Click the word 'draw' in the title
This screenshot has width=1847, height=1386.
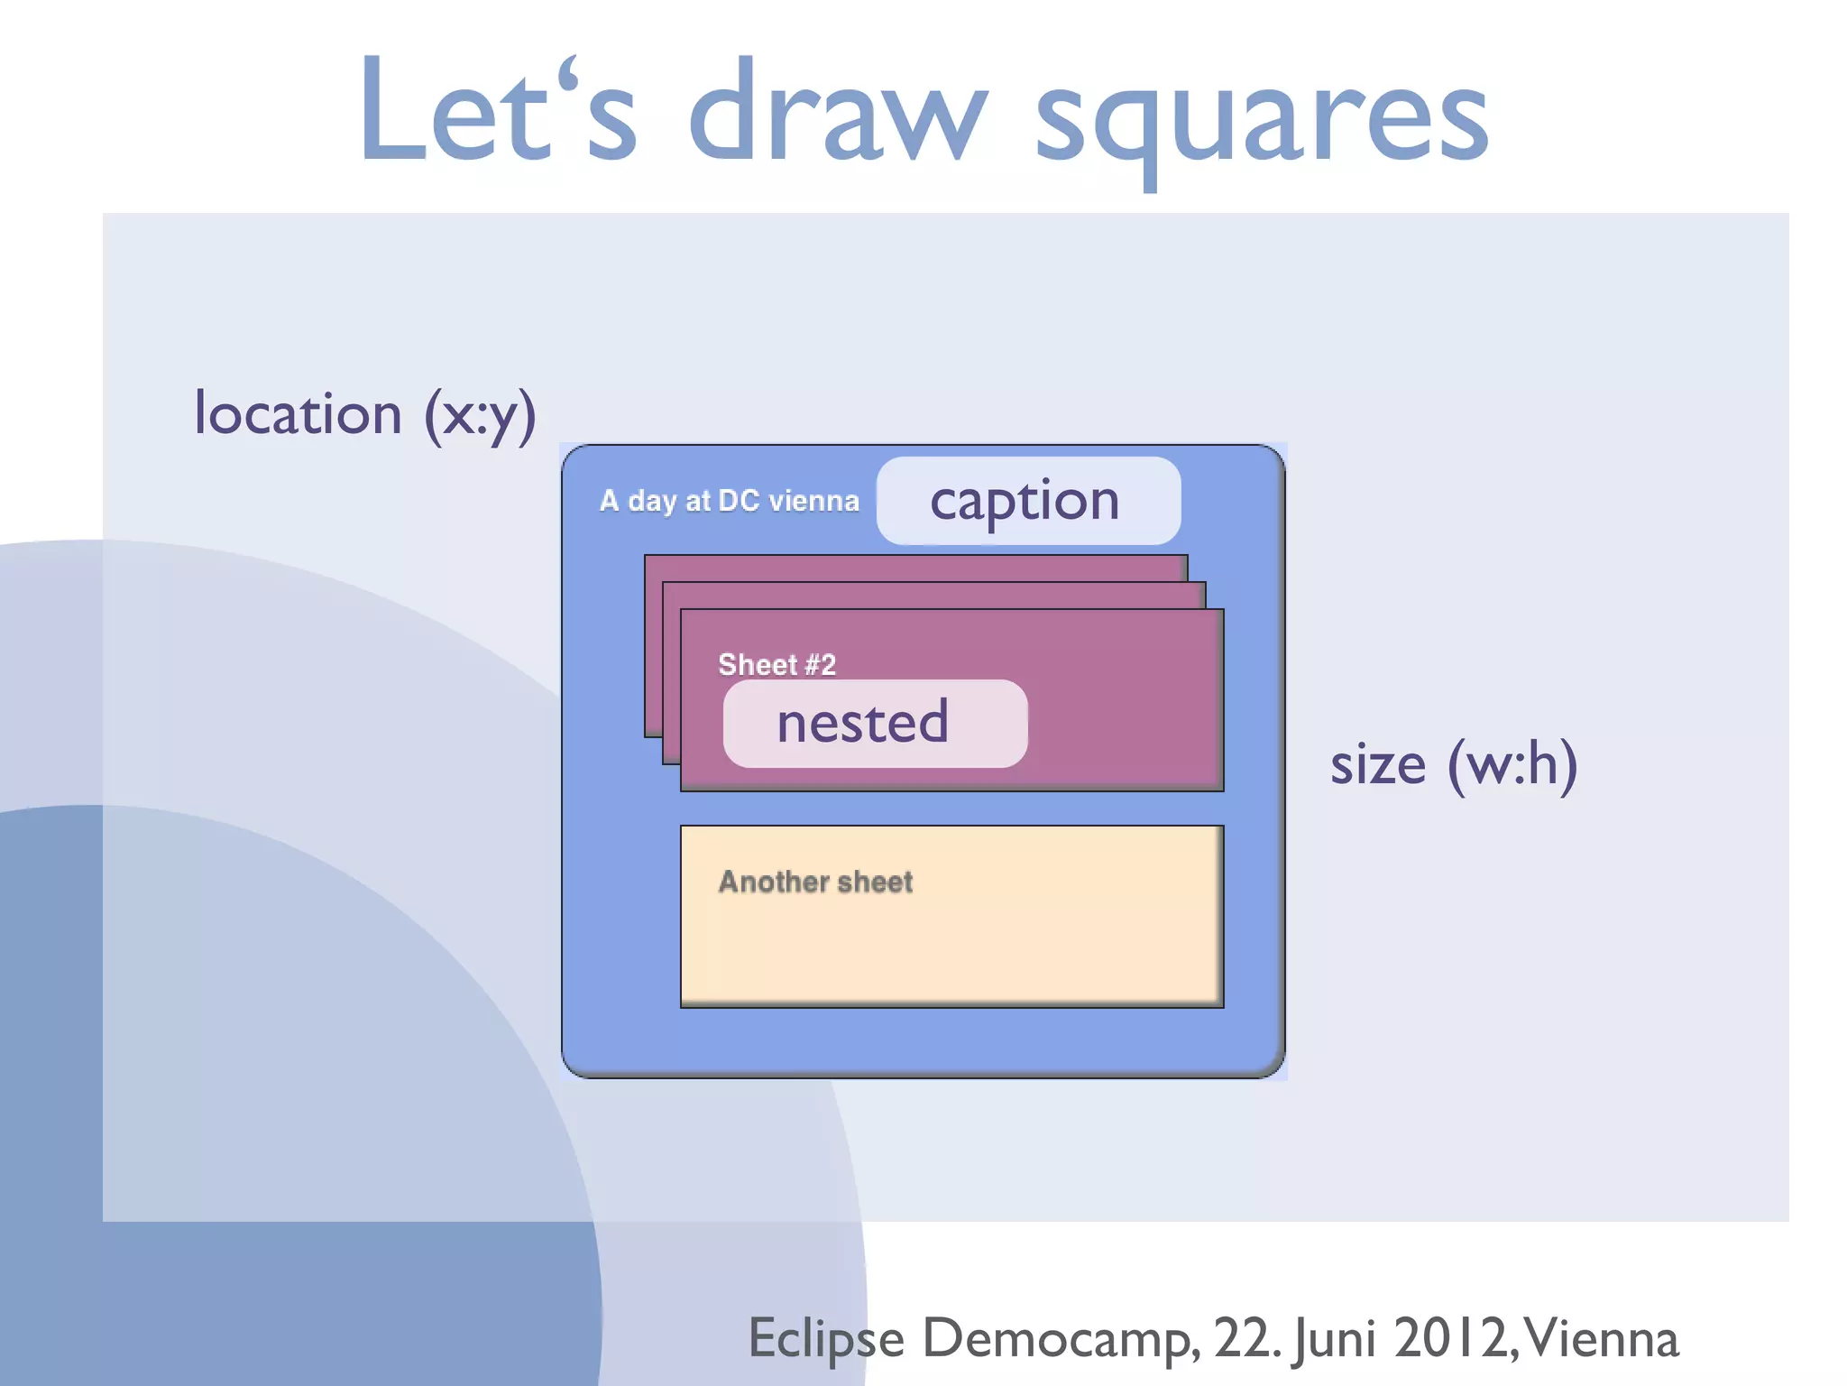837,113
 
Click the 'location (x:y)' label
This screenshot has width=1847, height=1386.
365,414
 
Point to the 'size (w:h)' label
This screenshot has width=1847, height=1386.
1454,764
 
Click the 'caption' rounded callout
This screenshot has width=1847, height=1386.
1027,501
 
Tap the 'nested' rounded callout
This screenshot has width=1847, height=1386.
874,723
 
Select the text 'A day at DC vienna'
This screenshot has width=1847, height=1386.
729,501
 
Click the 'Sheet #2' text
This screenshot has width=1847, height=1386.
776,665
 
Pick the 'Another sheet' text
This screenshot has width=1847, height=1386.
815,882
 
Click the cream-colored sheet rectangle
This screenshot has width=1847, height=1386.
951,947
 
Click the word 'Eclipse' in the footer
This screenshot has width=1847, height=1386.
826,1338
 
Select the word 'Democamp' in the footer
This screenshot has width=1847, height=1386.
1060,1338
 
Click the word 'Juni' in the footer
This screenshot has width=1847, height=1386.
1335,1338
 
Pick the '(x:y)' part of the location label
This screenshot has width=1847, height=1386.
480,414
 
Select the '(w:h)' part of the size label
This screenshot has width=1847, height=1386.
1512,764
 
